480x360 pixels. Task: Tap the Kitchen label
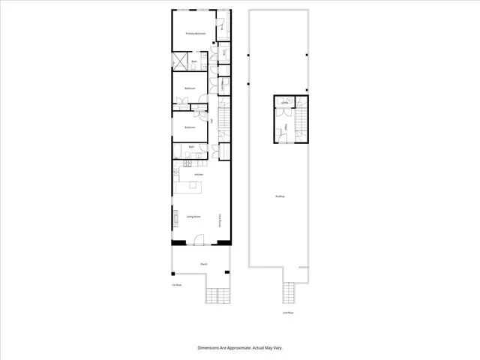199,175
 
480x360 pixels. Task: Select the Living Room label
193,217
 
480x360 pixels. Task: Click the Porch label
203,264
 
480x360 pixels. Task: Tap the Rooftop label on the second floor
280,196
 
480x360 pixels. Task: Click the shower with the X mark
181,61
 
